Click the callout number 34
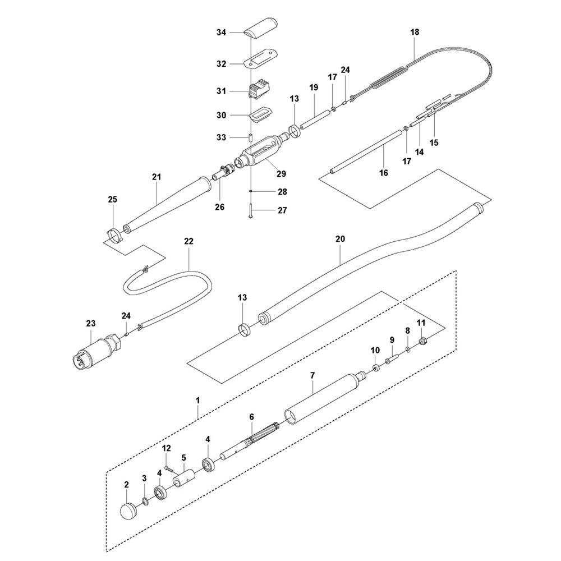coord(221,33)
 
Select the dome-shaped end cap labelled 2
coord(130,512)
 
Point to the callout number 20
coord(340,238)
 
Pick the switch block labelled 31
coord(259,90)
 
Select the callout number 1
coord(197,400)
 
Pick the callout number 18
coord(415,33)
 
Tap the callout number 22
coord(188,241)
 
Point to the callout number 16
coord(384,173)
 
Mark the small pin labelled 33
coord(251,136)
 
